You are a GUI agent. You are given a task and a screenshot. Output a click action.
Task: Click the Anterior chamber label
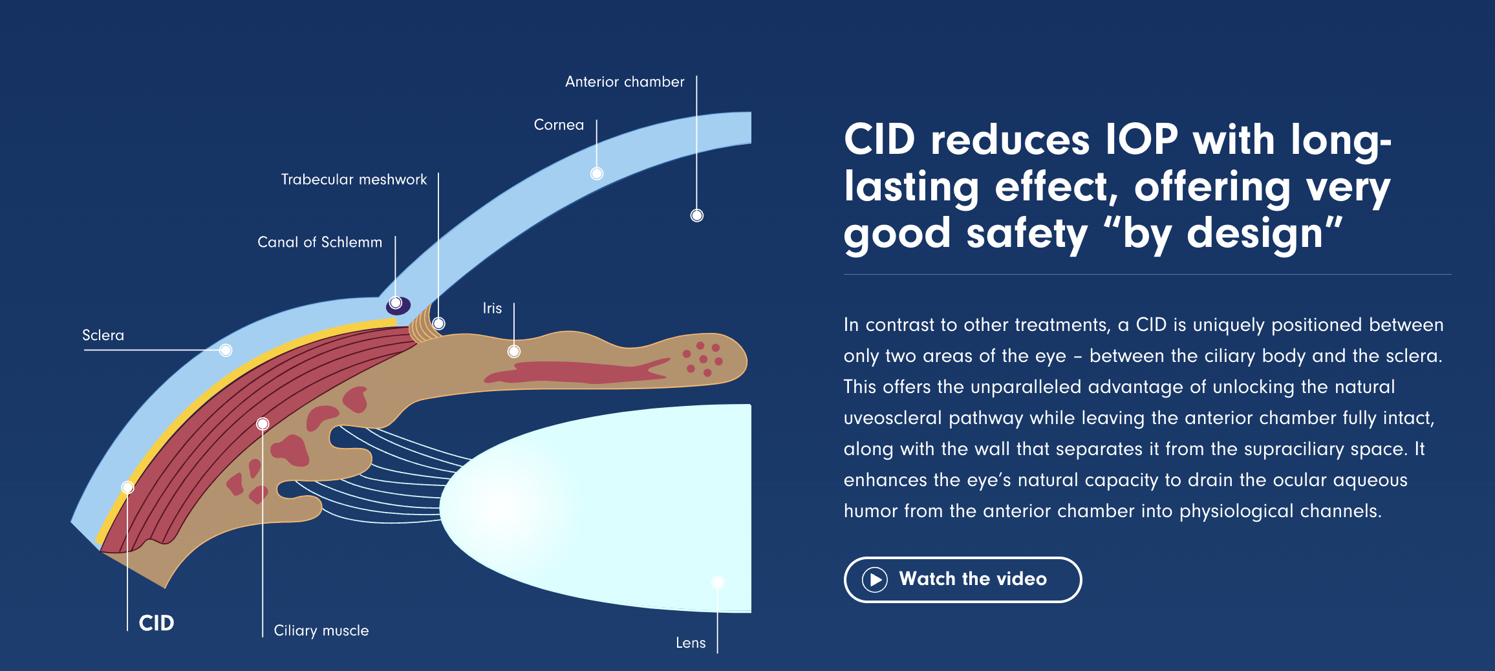(x=624, y=82)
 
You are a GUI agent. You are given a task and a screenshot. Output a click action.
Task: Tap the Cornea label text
(x=559, y=125)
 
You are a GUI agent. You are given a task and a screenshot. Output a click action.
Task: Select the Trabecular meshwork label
(x=354, y=180)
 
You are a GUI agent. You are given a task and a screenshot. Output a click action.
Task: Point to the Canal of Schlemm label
(x=319, y=242)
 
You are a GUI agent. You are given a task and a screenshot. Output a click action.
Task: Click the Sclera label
(x=103, y=335)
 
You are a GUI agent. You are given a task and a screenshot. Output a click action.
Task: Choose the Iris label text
(x=492, y=308)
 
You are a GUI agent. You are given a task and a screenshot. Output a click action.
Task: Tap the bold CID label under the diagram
(x=156, y=623)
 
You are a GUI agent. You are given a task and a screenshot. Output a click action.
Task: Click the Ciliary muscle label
(x=321, y=631)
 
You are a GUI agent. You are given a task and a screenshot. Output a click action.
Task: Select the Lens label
(x=691, y=643)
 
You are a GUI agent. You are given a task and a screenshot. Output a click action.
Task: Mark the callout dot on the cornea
(x=597, y=173)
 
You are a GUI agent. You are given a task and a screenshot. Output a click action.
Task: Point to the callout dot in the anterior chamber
(x=696, y=215)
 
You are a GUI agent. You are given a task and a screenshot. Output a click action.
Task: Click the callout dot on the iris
(x=514, y=352)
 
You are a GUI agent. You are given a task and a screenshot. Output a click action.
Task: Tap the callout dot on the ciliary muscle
(x=263, y=424)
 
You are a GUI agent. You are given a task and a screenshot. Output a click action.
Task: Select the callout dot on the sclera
(x=226, y=350)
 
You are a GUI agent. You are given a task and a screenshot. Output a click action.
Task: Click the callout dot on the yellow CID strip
(x=128, y=487)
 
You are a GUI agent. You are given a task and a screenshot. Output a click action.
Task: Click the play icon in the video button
(x=875, y=580)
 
